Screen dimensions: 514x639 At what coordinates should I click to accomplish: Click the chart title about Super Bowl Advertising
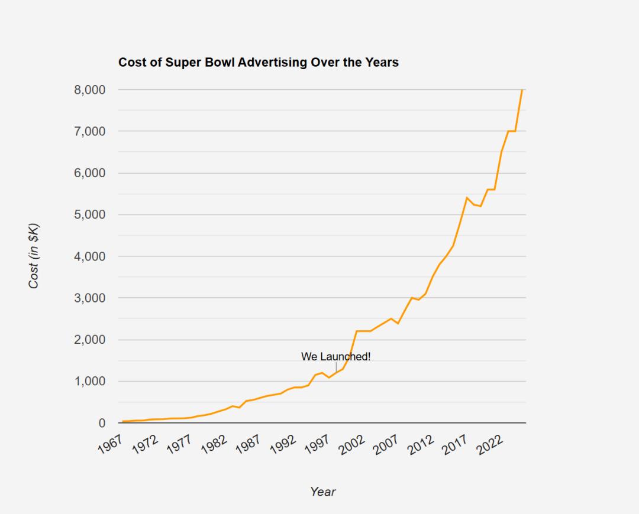pyautogui.click(x=259, y=62)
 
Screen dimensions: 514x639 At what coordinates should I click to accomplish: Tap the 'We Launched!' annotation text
pyautogui.click(x=335, y=357)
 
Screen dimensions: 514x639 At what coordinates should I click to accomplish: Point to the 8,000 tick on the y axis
pyautogui.click(x=90, y=90)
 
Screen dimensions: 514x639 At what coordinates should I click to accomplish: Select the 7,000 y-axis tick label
pyautogui.click(x=90, y=131)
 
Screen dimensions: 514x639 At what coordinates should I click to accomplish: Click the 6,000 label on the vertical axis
pyautogui.click(x=90, y=173)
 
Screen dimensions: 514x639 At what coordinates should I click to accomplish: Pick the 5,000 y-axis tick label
pyautogui.click(x=90, y=214)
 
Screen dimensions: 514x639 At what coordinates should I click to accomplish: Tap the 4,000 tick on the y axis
pyautogui.click(x=90, y=256)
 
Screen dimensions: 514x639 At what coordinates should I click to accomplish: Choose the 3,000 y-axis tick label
pyautogui.click(x=90, y=298)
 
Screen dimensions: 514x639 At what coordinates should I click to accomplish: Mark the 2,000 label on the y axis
pyautogui.click(x=90, y=340)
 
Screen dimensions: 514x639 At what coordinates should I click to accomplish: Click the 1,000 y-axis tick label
pyautogui.click(x=90, y=382)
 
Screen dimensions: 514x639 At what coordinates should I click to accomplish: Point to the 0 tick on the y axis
pyautogui.click(x=102, y=424)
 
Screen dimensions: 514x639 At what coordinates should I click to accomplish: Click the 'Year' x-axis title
pyautogui.click(x=323, y=492)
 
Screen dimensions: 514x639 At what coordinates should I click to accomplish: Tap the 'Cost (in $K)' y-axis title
pyautogui.click(x=34, y=256)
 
